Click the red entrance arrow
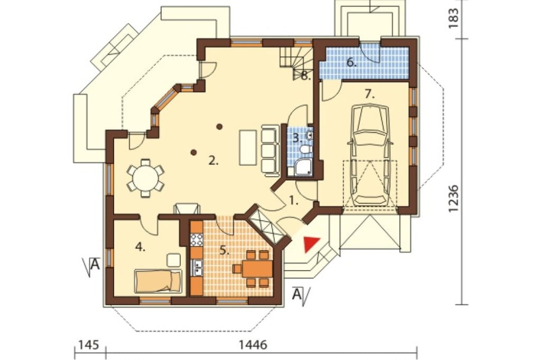(x=311, y=244)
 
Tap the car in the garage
(x=370, y=155)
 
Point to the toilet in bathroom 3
(x=305, y=149)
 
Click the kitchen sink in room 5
(x=197, y=268)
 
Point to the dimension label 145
(x=89, y=344)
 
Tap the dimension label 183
(x=454, y=15)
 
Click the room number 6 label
(x=352, y=63)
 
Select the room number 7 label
(x=370, y=94)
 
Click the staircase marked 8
(x=296, y=62)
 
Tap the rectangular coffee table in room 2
(x=248, y=148)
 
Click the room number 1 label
(x=293, y=201)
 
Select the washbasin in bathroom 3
(x=309, y=135)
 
